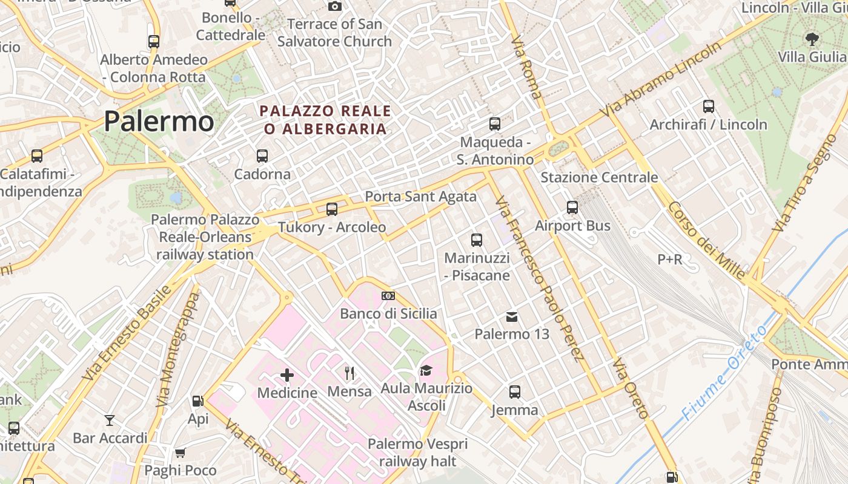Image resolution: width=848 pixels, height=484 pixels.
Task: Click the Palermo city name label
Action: [159, 121]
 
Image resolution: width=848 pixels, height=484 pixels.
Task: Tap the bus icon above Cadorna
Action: [262, 156]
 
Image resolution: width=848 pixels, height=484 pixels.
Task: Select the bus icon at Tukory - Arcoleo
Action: [332, 209]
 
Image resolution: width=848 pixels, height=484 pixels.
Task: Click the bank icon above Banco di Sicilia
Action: [388, 296]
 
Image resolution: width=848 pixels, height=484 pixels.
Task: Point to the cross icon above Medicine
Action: [287, 375]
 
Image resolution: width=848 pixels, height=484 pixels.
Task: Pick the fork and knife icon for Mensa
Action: [349, 373]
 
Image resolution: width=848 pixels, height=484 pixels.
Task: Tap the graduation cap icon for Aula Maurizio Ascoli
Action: [426, 370]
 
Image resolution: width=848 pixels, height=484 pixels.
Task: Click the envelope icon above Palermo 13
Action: [512, 316]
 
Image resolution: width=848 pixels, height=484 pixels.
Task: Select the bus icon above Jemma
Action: [515, 392]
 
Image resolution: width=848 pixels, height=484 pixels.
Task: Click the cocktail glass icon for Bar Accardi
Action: [110, 420]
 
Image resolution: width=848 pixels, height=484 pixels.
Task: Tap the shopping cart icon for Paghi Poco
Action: [180, 453]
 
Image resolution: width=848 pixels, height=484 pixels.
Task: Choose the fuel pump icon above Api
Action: [197, 401]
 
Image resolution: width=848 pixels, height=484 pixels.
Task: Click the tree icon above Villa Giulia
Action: [812, 39]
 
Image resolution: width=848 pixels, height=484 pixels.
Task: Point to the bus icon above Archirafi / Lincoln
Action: [709, 106]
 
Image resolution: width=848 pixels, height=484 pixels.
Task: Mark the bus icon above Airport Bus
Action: [572, 208]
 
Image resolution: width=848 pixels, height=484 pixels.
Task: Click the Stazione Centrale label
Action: [599, 177]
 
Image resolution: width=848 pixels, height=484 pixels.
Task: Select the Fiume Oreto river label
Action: [724, 373]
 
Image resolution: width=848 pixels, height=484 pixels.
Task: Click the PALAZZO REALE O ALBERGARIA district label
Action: [325, 120]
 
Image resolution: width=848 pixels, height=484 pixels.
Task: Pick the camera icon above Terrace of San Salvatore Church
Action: [335, 6]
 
